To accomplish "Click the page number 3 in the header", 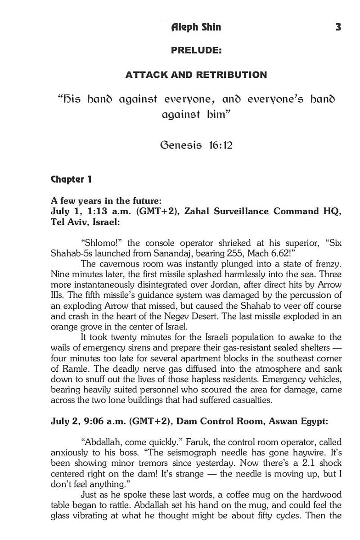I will [338, 27].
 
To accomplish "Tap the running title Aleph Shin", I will [196, 27].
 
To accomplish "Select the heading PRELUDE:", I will [196, 51].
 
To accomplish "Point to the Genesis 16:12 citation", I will [196, 146].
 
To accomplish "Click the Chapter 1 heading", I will [71, 180].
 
